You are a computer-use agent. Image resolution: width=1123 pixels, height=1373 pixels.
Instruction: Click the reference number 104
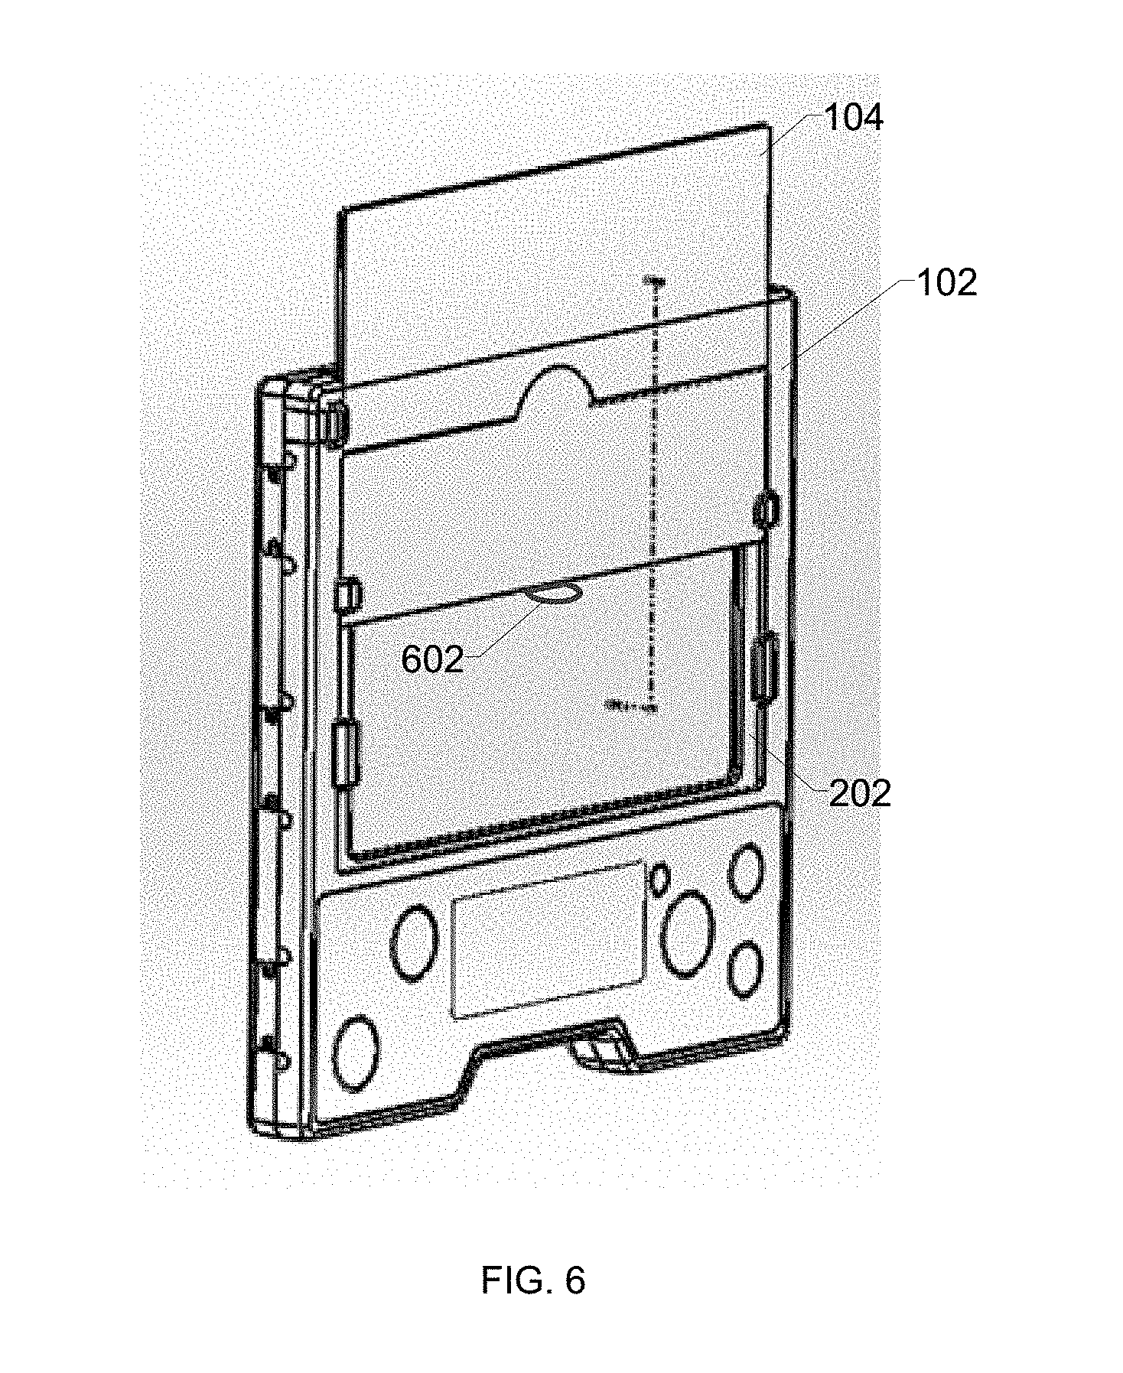[x=853, y=119]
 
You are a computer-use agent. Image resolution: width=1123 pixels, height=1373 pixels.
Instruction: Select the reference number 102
[x=946, y=284]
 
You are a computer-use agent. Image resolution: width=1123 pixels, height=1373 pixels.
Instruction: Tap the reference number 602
[x=432, y=660]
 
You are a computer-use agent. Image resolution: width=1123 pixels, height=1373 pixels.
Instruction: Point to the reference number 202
[x=860, y=793]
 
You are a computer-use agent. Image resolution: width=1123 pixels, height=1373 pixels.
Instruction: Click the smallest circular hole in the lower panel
[x=660, y=880]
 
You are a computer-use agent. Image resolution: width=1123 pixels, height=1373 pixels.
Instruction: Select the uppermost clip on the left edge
[x=335, y=425]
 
